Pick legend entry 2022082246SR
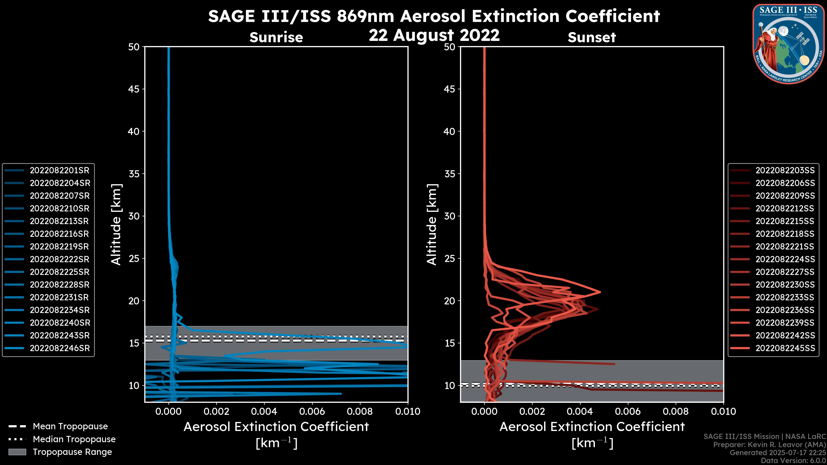60,348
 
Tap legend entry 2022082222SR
60,259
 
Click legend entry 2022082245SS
785,348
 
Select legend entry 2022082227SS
785,272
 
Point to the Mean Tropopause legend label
70,426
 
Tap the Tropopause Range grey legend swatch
17,452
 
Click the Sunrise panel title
276,37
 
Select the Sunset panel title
592,37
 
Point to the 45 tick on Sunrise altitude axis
134,89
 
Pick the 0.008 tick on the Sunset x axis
676,411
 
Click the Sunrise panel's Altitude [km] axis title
116,225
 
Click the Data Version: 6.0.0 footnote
793,460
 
